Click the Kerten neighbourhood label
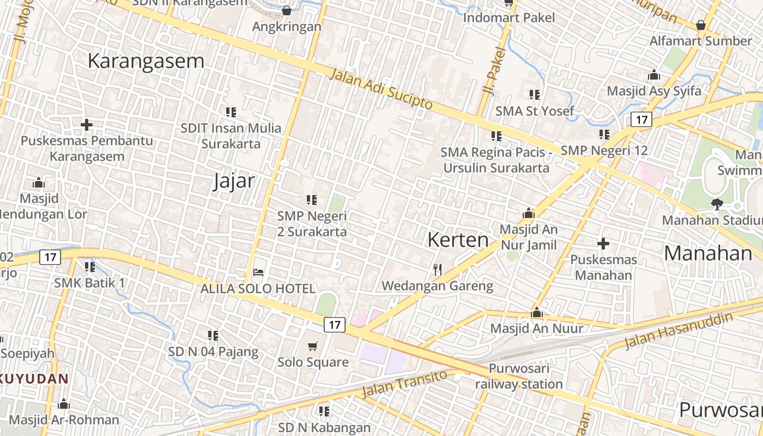point(458,240)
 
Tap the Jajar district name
point(234,181)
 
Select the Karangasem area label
point(146,61)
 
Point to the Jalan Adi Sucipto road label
point(381,88)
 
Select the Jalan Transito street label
point(404,384)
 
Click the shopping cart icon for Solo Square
point(313,346)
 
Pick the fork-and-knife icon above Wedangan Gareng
point(437,269)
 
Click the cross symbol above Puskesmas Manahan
point(603,243)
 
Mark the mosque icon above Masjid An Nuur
point(537,312)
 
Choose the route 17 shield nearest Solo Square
point(335,325)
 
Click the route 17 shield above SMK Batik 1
point(50,257)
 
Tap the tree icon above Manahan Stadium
point(717,204)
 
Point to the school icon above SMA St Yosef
point(535,95)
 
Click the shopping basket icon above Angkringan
point(287,10)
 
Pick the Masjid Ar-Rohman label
point(64,420)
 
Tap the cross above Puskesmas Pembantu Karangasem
point(86,125)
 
